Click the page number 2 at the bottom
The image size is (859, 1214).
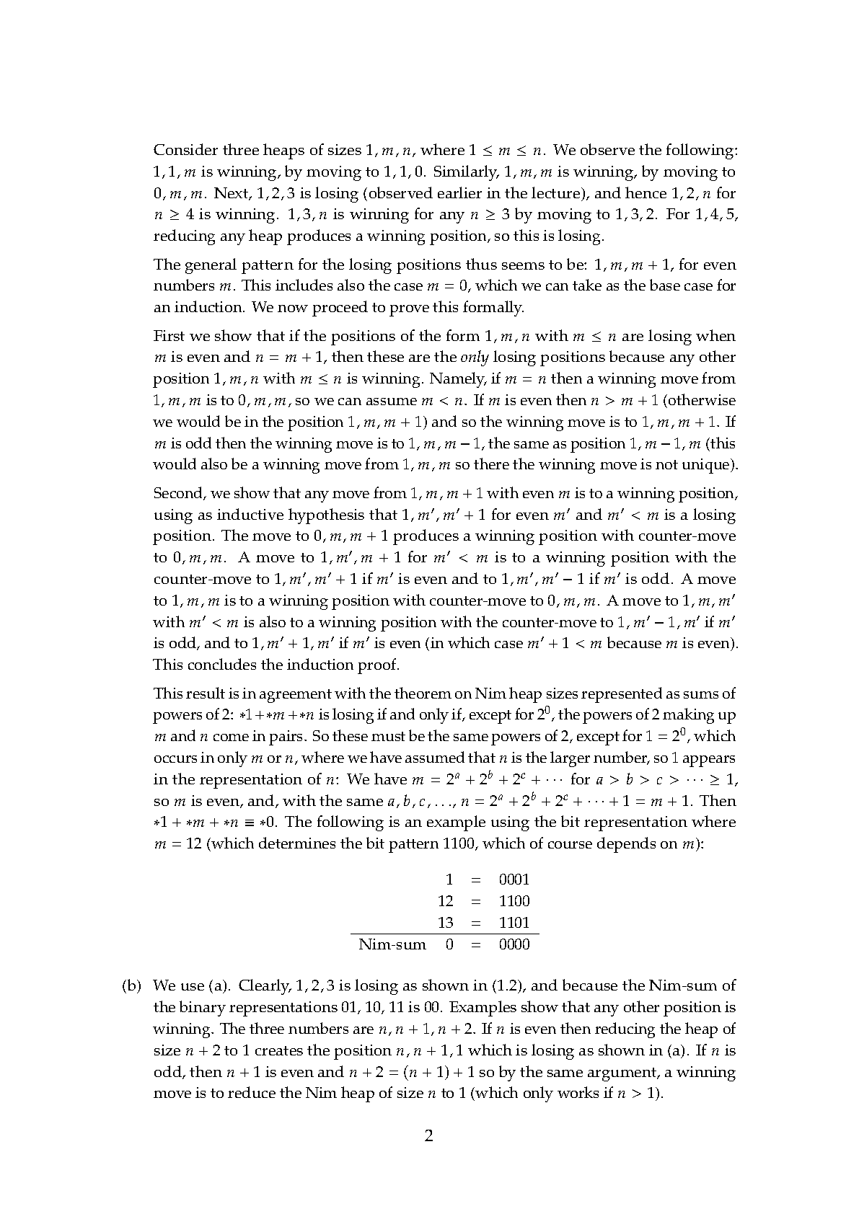428,1137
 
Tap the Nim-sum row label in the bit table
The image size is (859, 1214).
392,944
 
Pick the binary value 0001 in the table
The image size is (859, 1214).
514,880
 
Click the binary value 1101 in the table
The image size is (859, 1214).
514,923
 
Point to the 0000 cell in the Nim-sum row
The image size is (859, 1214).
514,944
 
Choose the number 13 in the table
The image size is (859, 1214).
446,923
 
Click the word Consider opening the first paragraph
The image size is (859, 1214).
185,150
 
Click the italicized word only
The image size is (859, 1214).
473,358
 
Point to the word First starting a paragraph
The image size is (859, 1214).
169,336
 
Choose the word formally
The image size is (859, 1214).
498,308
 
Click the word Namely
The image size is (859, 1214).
457,379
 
